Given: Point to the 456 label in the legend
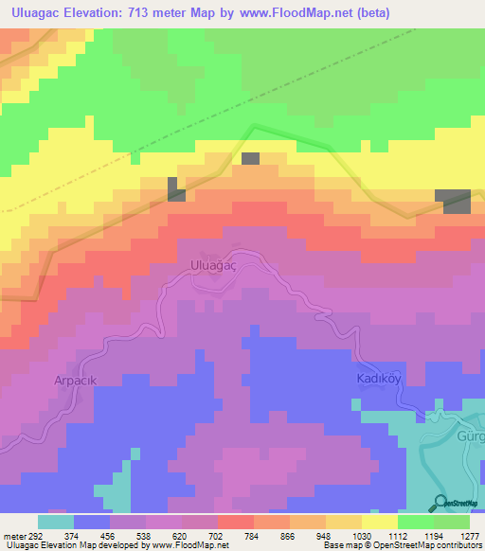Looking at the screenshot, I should (x=110, y=536).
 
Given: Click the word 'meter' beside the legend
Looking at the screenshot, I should (x=13, y=536).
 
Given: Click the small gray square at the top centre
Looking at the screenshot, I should (x=250, y=158).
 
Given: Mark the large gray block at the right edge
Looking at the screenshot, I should (x=454, y=201).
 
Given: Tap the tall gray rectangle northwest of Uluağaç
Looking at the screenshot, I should (x=176, y=188).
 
